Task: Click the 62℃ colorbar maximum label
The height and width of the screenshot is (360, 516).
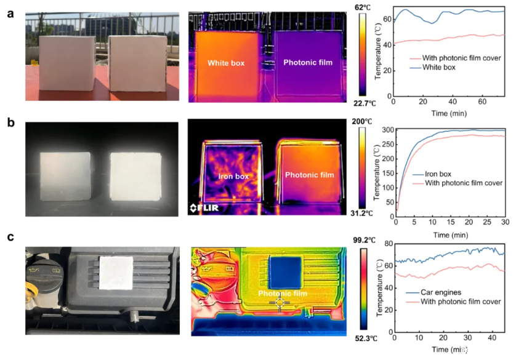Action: (x=363, y=7)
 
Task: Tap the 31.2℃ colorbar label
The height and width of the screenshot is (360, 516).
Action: (x=362, y=214)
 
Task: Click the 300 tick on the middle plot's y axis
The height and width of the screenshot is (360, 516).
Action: (x=387, y=130)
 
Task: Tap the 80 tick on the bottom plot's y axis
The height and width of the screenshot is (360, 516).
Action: (x=388, y=244)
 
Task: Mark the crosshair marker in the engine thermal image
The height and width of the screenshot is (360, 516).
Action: (x=279, y=302)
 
